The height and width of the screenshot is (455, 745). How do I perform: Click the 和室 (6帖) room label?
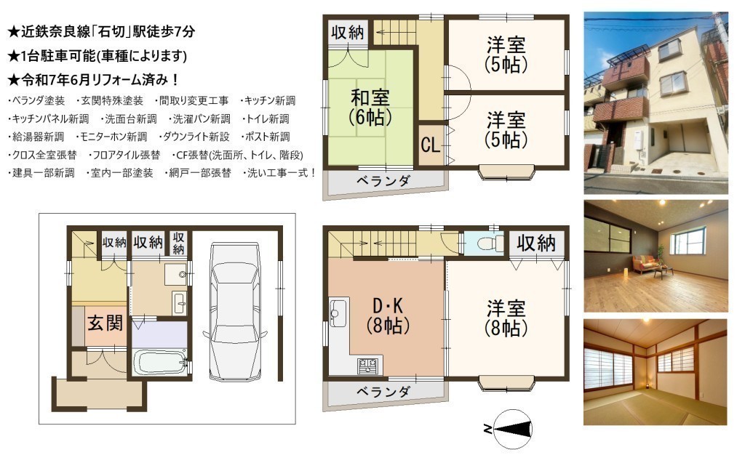coord(370,108)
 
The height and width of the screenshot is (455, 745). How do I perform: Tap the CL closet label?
coord(431,145)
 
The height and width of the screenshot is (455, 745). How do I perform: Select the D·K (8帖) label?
coord(389,316)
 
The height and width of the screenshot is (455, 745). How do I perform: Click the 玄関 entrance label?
coord(105,323)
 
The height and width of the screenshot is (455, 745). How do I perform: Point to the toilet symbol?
coord(490,244)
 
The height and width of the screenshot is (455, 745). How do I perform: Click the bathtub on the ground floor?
coord(161,363)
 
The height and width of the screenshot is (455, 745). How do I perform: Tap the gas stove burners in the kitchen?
coord(369,366)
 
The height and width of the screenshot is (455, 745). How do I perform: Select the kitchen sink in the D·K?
coord(338,313)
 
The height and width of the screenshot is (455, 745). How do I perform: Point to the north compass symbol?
coord(513,430)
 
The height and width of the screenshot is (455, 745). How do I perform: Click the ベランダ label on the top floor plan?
coord(383,181)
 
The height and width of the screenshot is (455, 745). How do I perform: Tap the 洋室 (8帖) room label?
coord(506,318)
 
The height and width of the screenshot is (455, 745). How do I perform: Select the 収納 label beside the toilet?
coord(536,243)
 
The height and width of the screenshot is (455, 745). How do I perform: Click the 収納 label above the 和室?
coord(348,33)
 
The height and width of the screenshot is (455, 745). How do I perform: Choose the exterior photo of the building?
coord(656,103)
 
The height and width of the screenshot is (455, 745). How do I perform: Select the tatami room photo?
coord(656,372)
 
